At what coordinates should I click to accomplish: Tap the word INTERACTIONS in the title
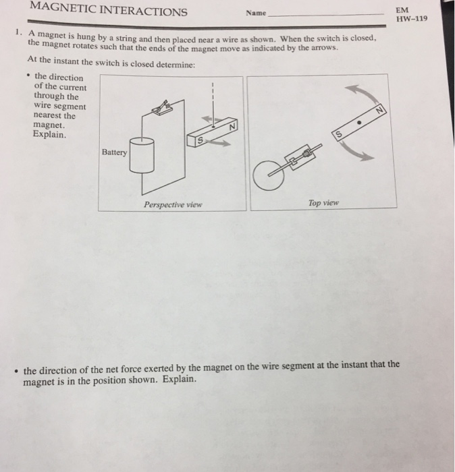tap(143, 11)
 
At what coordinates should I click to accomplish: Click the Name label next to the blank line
tap(256, 13)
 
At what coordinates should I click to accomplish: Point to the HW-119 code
tap(411, 19)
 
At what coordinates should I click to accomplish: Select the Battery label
tap(114, 152)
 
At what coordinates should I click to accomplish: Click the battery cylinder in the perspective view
tap(142, 155)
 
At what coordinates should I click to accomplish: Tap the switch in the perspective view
tap(161, 108)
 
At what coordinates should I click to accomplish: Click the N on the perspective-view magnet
tap(232, 127)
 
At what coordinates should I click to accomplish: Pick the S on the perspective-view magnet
tap(199, 140)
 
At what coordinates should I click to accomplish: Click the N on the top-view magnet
tap(380, 110)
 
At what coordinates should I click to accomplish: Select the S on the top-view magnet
tap(339, 134)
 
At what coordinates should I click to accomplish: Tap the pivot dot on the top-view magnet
tap(359, 123)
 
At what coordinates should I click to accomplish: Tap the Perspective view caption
tap(173, 205)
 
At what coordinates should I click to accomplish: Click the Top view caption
tap(323, 203)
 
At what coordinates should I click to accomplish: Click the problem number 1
tap(19, 32)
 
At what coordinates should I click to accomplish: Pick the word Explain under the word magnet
tap(49, 134)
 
